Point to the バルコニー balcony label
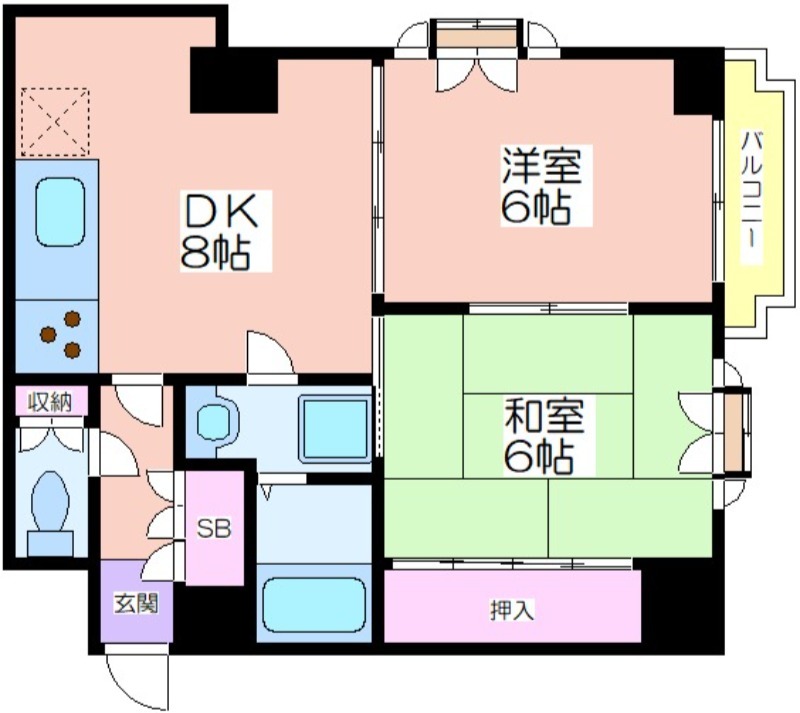coord(749,196)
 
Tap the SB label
coord(213,528)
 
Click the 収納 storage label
coord(49,403)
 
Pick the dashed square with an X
coord(55,122)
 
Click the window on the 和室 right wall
coord(735,431)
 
